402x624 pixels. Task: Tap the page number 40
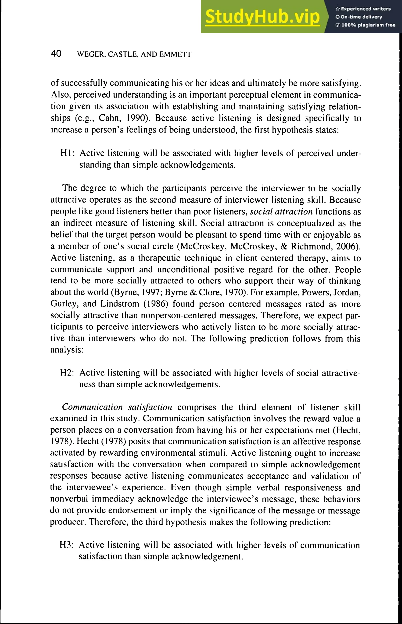(x=56, y=54)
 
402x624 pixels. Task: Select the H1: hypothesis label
(x=67, y=153)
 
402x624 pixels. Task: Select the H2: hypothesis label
(x=67, y=373)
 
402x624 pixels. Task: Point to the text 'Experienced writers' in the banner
(x=365, y=9)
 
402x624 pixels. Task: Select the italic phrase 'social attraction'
(x=281, y=211)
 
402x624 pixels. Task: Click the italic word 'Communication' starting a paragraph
(x=92, y=407)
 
